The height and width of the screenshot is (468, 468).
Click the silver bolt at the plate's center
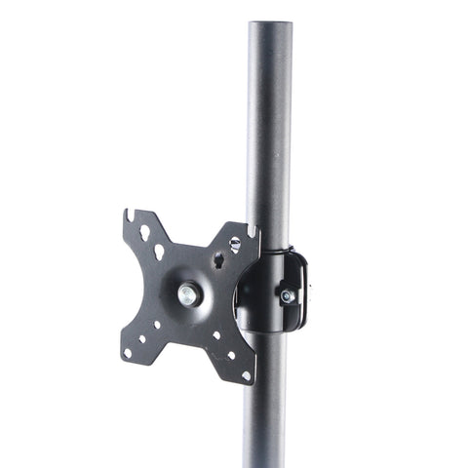(187, 294)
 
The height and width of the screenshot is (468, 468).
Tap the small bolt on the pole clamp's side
(287, 295)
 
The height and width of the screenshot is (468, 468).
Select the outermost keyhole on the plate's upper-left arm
(144, 233)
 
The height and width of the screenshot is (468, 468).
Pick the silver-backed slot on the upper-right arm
(235, 243)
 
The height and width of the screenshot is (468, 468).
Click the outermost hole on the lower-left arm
(129, 352)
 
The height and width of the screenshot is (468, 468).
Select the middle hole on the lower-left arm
(142, 339)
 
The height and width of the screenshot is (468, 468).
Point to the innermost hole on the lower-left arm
(157, 325)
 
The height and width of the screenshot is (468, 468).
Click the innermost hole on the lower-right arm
(216, 337)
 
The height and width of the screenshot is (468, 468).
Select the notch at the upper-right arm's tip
(253, 230)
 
